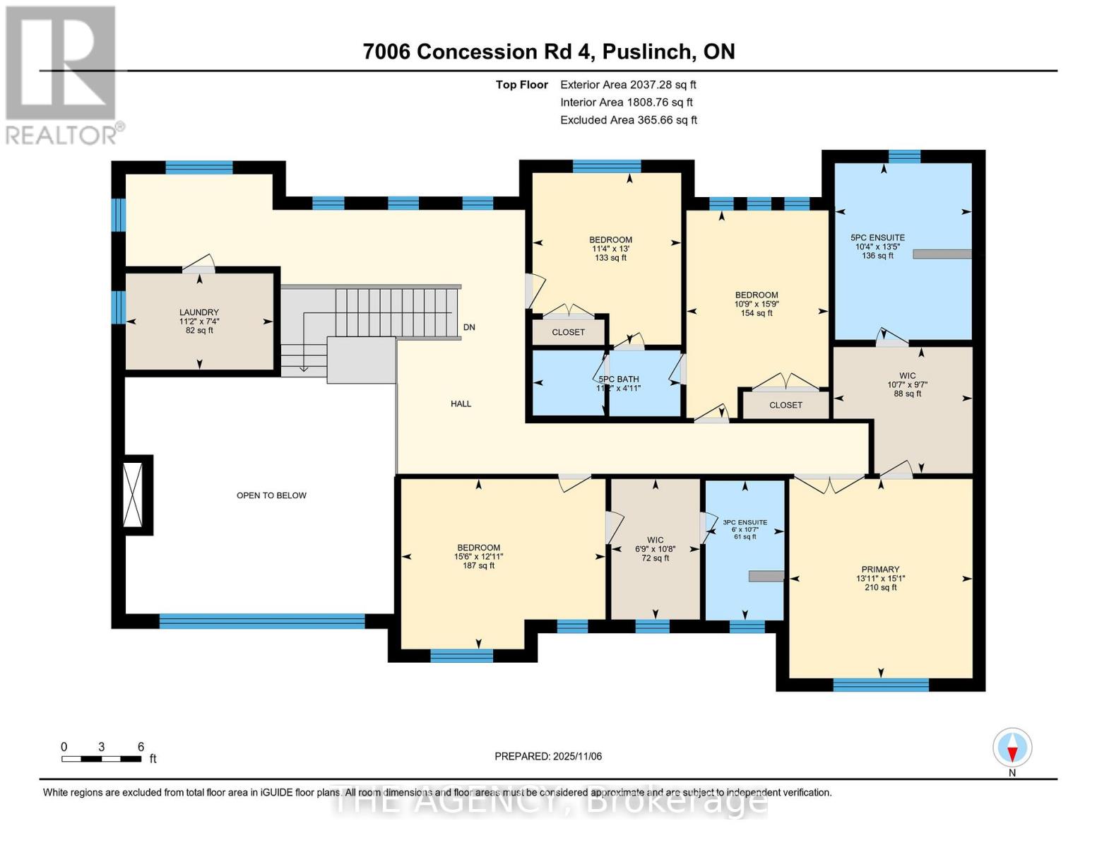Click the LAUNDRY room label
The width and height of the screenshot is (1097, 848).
coord(199,312)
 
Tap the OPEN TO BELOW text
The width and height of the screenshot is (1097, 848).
coord(271,495)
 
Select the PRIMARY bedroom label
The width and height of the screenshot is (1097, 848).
coord(880,570)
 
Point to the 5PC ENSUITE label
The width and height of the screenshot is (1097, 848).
coord(877,238)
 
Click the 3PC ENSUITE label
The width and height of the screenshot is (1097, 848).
coord(745,522)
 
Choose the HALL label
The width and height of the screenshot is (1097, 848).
coord(461,404)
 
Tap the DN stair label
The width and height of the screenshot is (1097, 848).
coord(469,327)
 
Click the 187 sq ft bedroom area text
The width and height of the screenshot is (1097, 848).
coord(478,565)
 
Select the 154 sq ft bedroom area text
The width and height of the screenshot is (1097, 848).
coord(757,313)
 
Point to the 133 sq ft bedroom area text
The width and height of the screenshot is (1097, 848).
coord(610,258)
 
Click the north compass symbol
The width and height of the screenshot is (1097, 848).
coord(1012,748)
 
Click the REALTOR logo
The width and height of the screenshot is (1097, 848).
coord(61,74)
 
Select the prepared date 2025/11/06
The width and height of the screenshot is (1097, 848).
coord(548,756)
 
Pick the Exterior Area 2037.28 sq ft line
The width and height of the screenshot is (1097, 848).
coord(628,85)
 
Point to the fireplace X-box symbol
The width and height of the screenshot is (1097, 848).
coord(133,495)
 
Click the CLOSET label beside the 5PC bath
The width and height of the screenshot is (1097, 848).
coord(568,332)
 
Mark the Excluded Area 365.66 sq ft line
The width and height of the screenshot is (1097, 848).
coord(629,120)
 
